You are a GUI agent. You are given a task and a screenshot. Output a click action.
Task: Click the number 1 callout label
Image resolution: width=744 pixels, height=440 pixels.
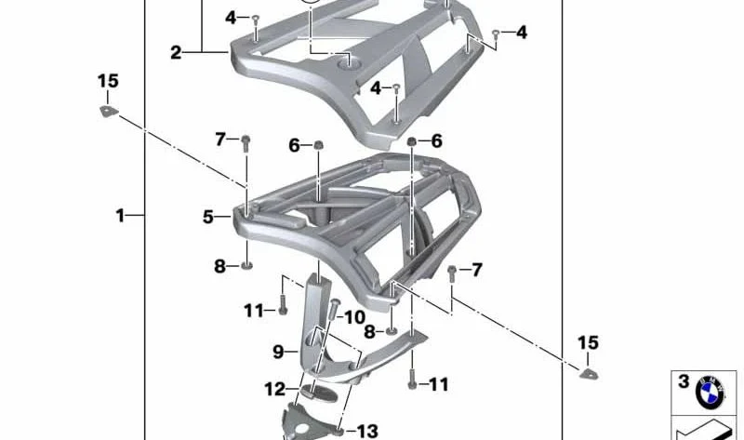click(120, 216)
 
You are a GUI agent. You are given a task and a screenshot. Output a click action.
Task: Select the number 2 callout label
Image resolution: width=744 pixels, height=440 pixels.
click(176, 52)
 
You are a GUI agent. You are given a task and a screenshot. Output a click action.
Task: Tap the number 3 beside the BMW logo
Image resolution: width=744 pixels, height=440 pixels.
click(684, 381)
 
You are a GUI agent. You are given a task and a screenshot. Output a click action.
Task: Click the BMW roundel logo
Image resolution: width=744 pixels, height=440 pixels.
click(710, 393)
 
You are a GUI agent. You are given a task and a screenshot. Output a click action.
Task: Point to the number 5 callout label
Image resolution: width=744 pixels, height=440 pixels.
click(208, 217)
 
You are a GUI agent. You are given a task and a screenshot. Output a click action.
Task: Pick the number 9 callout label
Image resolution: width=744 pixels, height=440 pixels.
click(278, 352)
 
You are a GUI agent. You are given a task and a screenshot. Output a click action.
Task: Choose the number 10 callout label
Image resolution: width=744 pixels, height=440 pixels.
click(354, 317)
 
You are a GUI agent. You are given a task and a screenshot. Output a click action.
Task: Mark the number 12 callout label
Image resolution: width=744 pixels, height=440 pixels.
click(275, 389)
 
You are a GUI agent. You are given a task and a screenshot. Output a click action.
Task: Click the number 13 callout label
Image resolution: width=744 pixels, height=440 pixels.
click(367, 432)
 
